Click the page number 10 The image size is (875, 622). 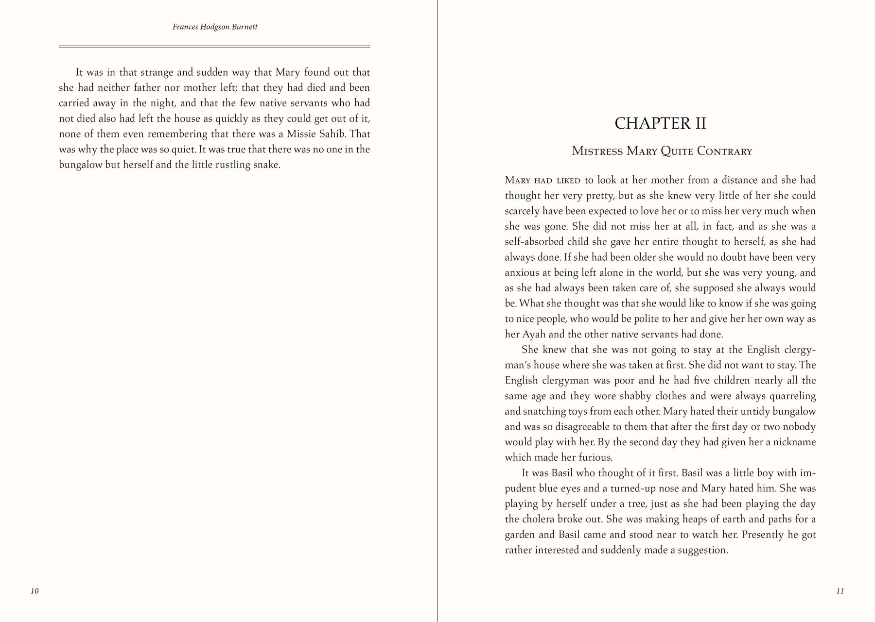(35, 591)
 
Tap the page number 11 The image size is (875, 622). (840, 591)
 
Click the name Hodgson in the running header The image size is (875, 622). (215, 27)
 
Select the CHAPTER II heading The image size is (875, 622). (660, 123)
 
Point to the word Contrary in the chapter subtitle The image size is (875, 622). (724, 151)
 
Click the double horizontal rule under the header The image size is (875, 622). (214, 47)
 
